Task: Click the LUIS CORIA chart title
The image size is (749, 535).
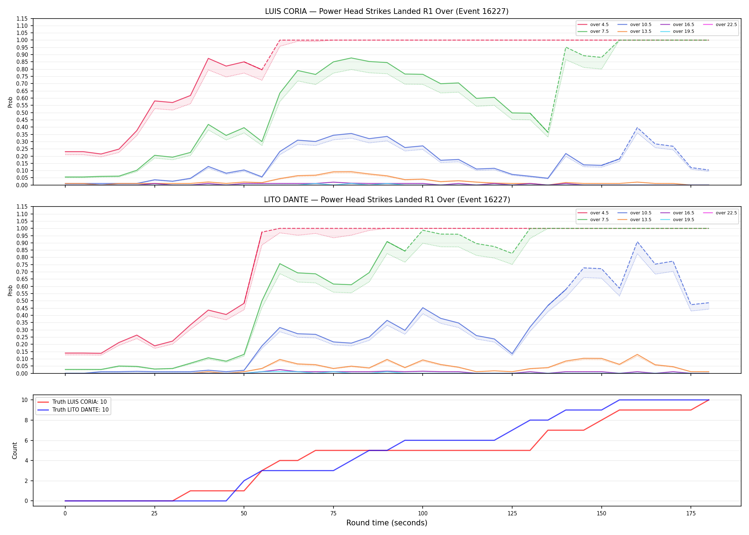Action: tap(387, 11)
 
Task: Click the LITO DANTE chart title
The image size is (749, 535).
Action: tap(387, 200)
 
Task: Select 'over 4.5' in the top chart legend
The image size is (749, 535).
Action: tap(599, 25)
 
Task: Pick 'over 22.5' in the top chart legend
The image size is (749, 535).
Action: tap(726, 25)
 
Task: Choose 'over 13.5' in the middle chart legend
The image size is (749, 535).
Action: tap(641, 220)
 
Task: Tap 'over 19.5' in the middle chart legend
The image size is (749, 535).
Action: tap(683, 220)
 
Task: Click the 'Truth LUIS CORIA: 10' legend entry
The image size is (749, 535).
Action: tap(80, 402)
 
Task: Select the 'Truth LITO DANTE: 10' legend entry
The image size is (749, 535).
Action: tap(81, 410)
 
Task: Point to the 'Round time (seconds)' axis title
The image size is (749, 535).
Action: tap(387, 523)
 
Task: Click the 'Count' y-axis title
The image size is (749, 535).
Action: tap(15, 450)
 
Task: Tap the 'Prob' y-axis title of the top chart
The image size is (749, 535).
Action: tap(10, 102)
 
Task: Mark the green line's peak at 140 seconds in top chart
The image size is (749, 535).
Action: tap(566, 47)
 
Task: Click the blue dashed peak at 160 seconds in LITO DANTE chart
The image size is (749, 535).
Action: tap(637, 242)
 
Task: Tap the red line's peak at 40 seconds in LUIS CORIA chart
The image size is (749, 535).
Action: tap(208, 58)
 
